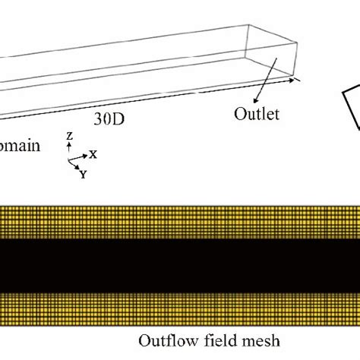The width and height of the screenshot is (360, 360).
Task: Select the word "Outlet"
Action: [256, 115]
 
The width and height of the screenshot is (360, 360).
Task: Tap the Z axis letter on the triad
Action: [70, 136]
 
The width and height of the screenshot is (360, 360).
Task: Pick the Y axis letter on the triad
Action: [82, 172]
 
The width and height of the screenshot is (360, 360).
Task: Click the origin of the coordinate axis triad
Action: [70, 158]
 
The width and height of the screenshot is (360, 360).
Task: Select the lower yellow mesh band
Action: [180, 305]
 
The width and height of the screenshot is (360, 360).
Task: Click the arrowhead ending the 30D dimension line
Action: [298, 78]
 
